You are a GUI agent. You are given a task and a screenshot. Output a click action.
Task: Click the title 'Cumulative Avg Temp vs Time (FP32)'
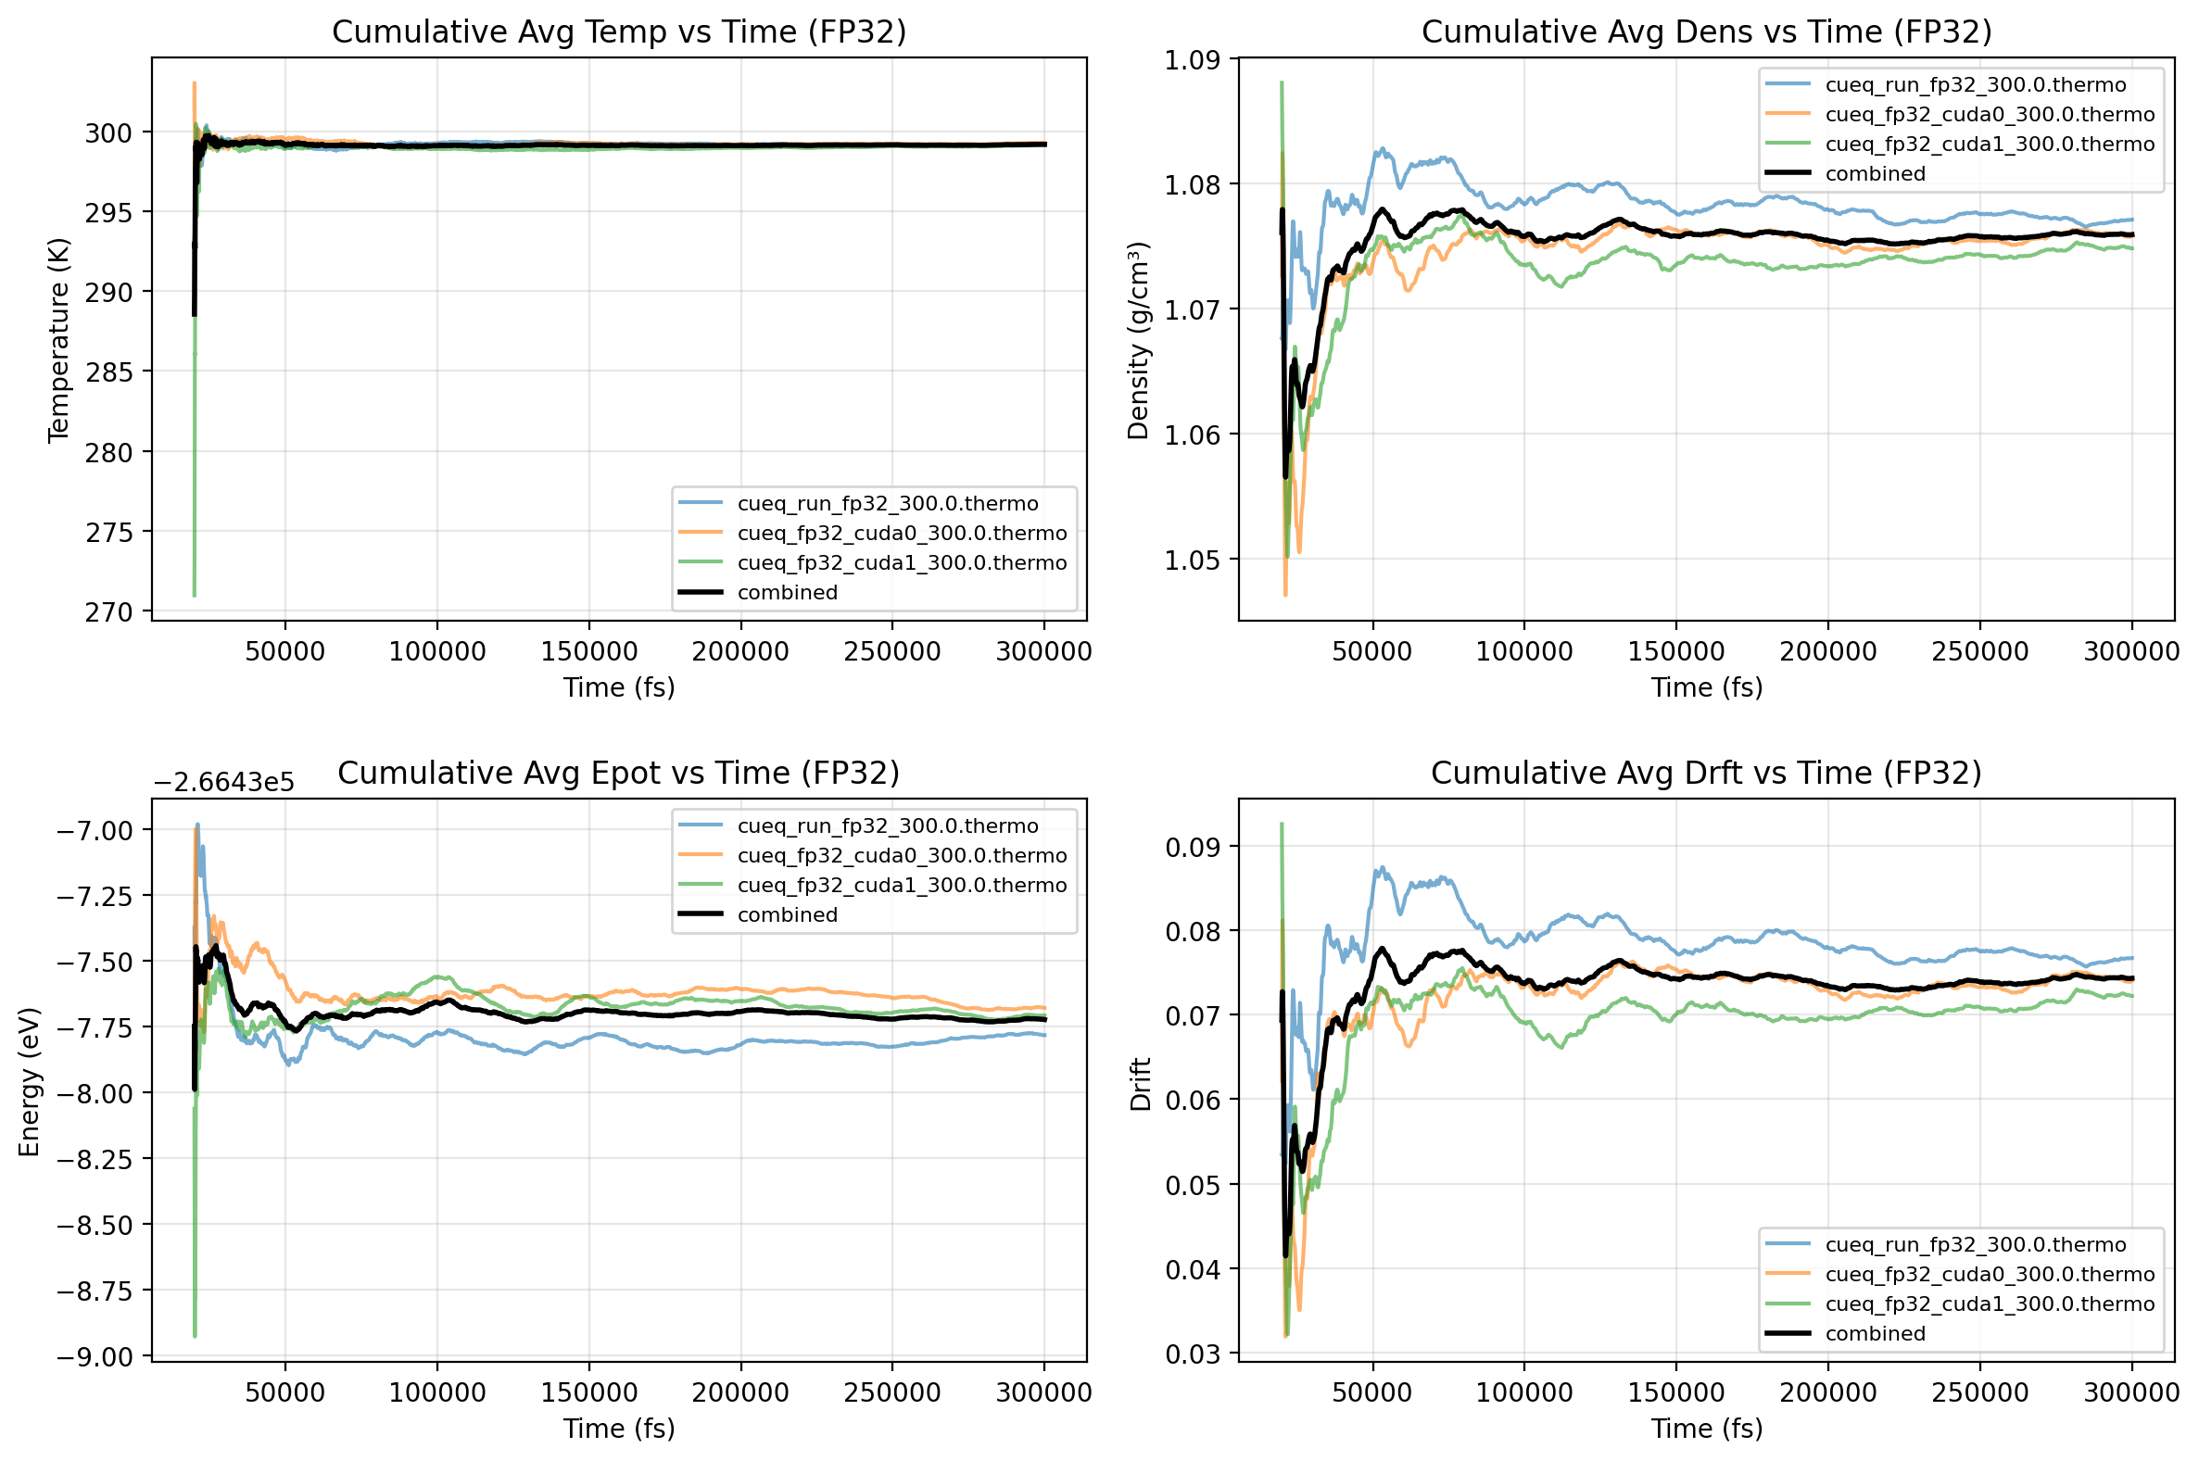619,31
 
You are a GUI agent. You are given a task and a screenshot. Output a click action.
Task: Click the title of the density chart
1706,31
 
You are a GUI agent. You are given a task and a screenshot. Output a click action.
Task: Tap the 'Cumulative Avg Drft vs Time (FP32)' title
1706,773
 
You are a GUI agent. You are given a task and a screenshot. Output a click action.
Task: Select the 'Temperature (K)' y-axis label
58,340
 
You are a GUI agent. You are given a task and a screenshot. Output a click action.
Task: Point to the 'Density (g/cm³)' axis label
1138,340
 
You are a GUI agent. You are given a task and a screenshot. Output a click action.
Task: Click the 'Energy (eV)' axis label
29,1082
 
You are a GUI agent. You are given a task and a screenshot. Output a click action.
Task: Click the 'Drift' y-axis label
1141,1084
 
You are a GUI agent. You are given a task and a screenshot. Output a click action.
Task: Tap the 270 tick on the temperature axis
110,612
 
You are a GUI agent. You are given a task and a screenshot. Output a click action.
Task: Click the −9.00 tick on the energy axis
95,1356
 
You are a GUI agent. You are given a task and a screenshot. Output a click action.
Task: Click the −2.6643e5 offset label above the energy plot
223,782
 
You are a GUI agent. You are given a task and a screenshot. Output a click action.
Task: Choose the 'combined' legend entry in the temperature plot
788,593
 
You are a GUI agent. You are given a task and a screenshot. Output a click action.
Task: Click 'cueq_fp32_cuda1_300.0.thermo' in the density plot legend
1990,145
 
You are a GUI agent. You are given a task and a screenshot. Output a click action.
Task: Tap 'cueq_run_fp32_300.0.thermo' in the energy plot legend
887,826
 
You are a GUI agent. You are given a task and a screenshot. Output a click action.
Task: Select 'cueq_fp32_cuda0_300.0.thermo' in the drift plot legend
1990,1275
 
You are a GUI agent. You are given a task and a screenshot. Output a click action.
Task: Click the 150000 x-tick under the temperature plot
588,651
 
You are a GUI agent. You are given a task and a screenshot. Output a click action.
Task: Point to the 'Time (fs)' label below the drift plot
1706,1429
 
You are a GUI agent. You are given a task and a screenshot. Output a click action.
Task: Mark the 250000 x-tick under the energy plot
891,1393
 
